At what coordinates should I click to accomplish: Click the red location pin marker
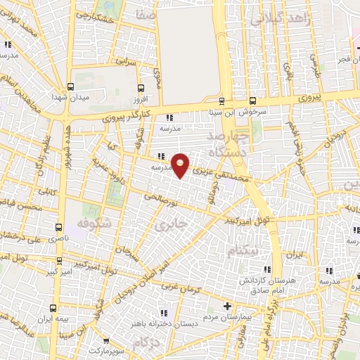click(181, 164)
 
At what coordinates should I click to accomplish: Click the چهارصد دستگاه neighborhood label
click(232, 143)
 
